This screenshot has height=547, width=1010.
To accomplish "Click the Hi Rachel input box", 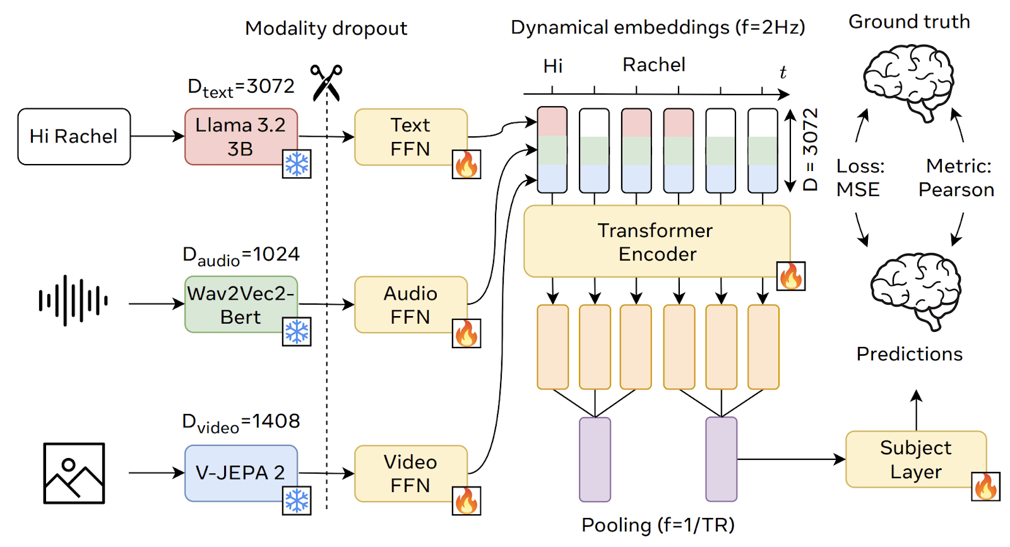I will (74, 136).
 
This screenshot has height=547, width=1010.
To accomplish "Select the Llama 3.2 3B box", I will (241, 136).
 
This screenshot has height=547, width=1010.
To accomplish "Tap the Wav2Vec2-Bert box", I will (241, 305).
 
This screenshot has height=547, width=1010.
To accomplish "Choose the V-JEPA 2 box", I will (241, 473).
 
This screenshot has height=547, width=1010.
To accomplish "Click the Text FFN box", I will (410, 137).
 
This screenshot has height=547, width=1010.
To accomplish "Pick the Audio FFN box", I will (410, 305).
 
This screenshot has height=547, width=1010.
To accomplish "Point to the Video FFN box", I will (410, 473).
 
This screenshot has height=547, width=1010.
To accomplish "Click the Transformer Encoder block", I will (656, 242).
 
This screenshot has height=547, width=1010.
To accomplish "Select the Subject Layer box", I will (915, 459).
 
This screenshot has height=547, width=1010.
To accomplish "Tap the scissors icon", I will (326, 83).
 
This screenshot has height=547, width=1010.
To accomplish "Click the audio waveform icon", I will (73, 300).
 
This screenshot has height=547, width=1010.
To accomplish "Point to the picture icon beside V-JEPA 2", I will (74, 473).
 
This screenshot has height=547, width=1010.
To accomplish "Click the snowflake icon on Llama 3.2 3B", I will (296, 164).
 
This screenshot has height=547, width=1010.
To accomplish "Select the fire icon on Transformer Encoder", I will (790, 276).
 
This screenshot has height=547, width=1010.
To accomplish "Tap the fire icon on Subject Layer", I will (985, 486).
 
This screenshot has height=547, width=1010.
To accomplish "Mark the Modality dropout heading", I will (326, 28).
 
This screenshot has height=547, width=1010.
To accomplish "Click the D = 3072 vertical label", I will (811, 150).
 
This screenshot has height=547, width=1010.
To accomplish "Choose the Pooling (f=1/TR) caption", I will (658, 525).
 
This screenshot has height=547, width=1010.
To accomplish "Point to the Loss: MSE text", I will (860, 178).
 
